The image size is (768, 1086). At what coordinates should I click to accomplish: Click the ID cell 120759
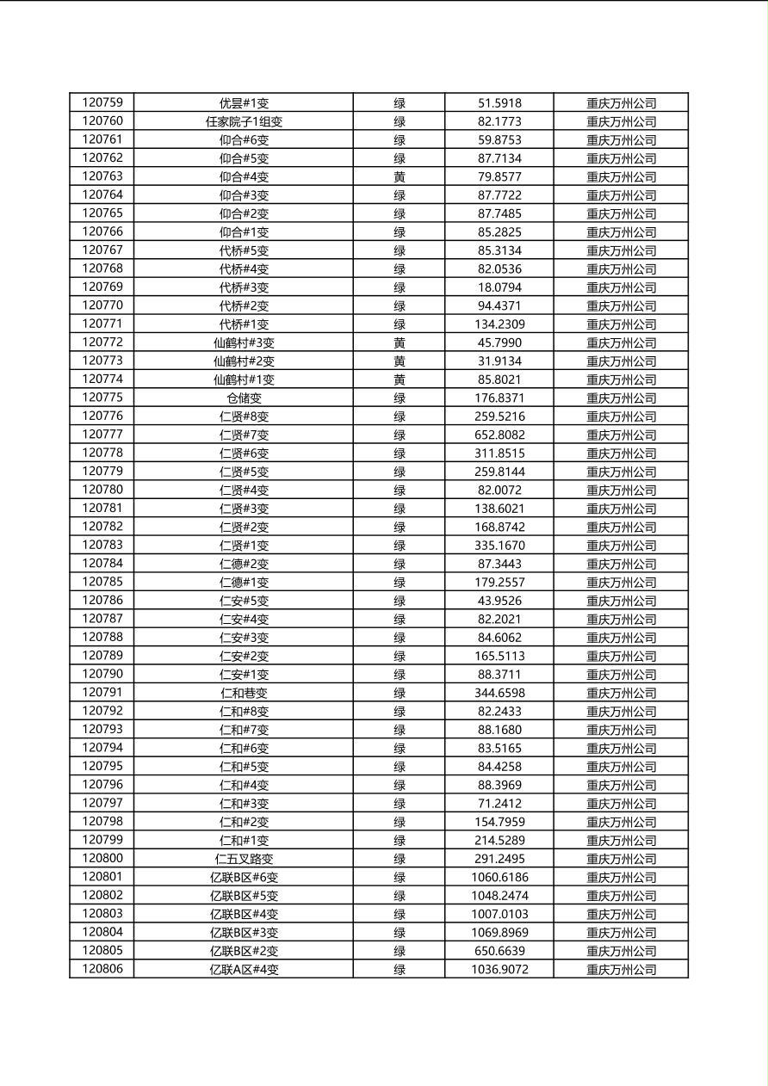pos(102,102)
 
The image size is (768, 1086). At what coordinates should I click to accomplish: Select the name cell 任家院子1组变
pos(244,121)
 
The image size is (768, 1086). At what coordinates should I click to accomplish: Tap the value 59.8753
pos(499,139)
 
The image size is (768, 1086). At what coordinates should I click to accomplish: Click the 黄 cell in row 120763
pos(399,176)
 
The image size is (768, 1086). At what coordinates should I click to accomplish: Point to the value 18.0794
pos(499,287)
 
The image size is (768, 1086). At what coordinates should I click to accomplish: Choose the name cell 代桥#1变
pos(244,324)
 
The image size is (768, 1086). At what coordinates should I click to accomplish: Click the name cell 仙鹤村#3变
pos(244,342)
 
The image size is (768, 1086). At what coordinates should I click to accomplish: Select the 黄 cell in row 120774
pos(399,379)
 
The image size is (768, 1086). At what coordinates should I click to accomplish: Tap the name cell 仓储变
pos(244,398)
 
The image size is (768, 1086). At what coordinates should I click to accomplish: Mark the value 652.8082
pos(499,435)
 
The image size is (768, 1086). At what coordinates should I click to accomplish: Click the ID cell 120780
pos(102,490)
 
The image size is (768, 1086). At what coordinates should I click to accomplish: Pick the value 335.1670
pos(499,545)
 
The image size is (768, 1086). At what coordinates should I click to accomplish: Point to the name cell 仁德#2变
pos(244,564)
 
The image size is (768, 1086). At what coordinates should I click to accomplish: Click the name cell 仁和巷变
pos(244,693)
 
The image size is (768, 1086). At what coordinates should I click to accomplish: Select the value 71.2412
pos(499,803)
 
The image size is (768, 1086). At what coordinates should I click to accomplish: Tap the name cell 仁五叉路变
pos(244,858)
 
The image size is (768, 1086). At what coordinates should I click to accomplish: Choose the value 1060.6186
pos(499,877)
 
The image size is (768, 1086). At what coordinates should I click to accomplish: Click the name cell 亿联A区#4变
pos(244,969)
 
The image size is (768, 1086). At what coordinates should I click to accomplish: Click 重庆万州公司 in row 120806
pos(621,969)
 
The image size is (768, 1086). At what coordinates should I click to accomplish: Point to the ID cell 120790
pos(102,674)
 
